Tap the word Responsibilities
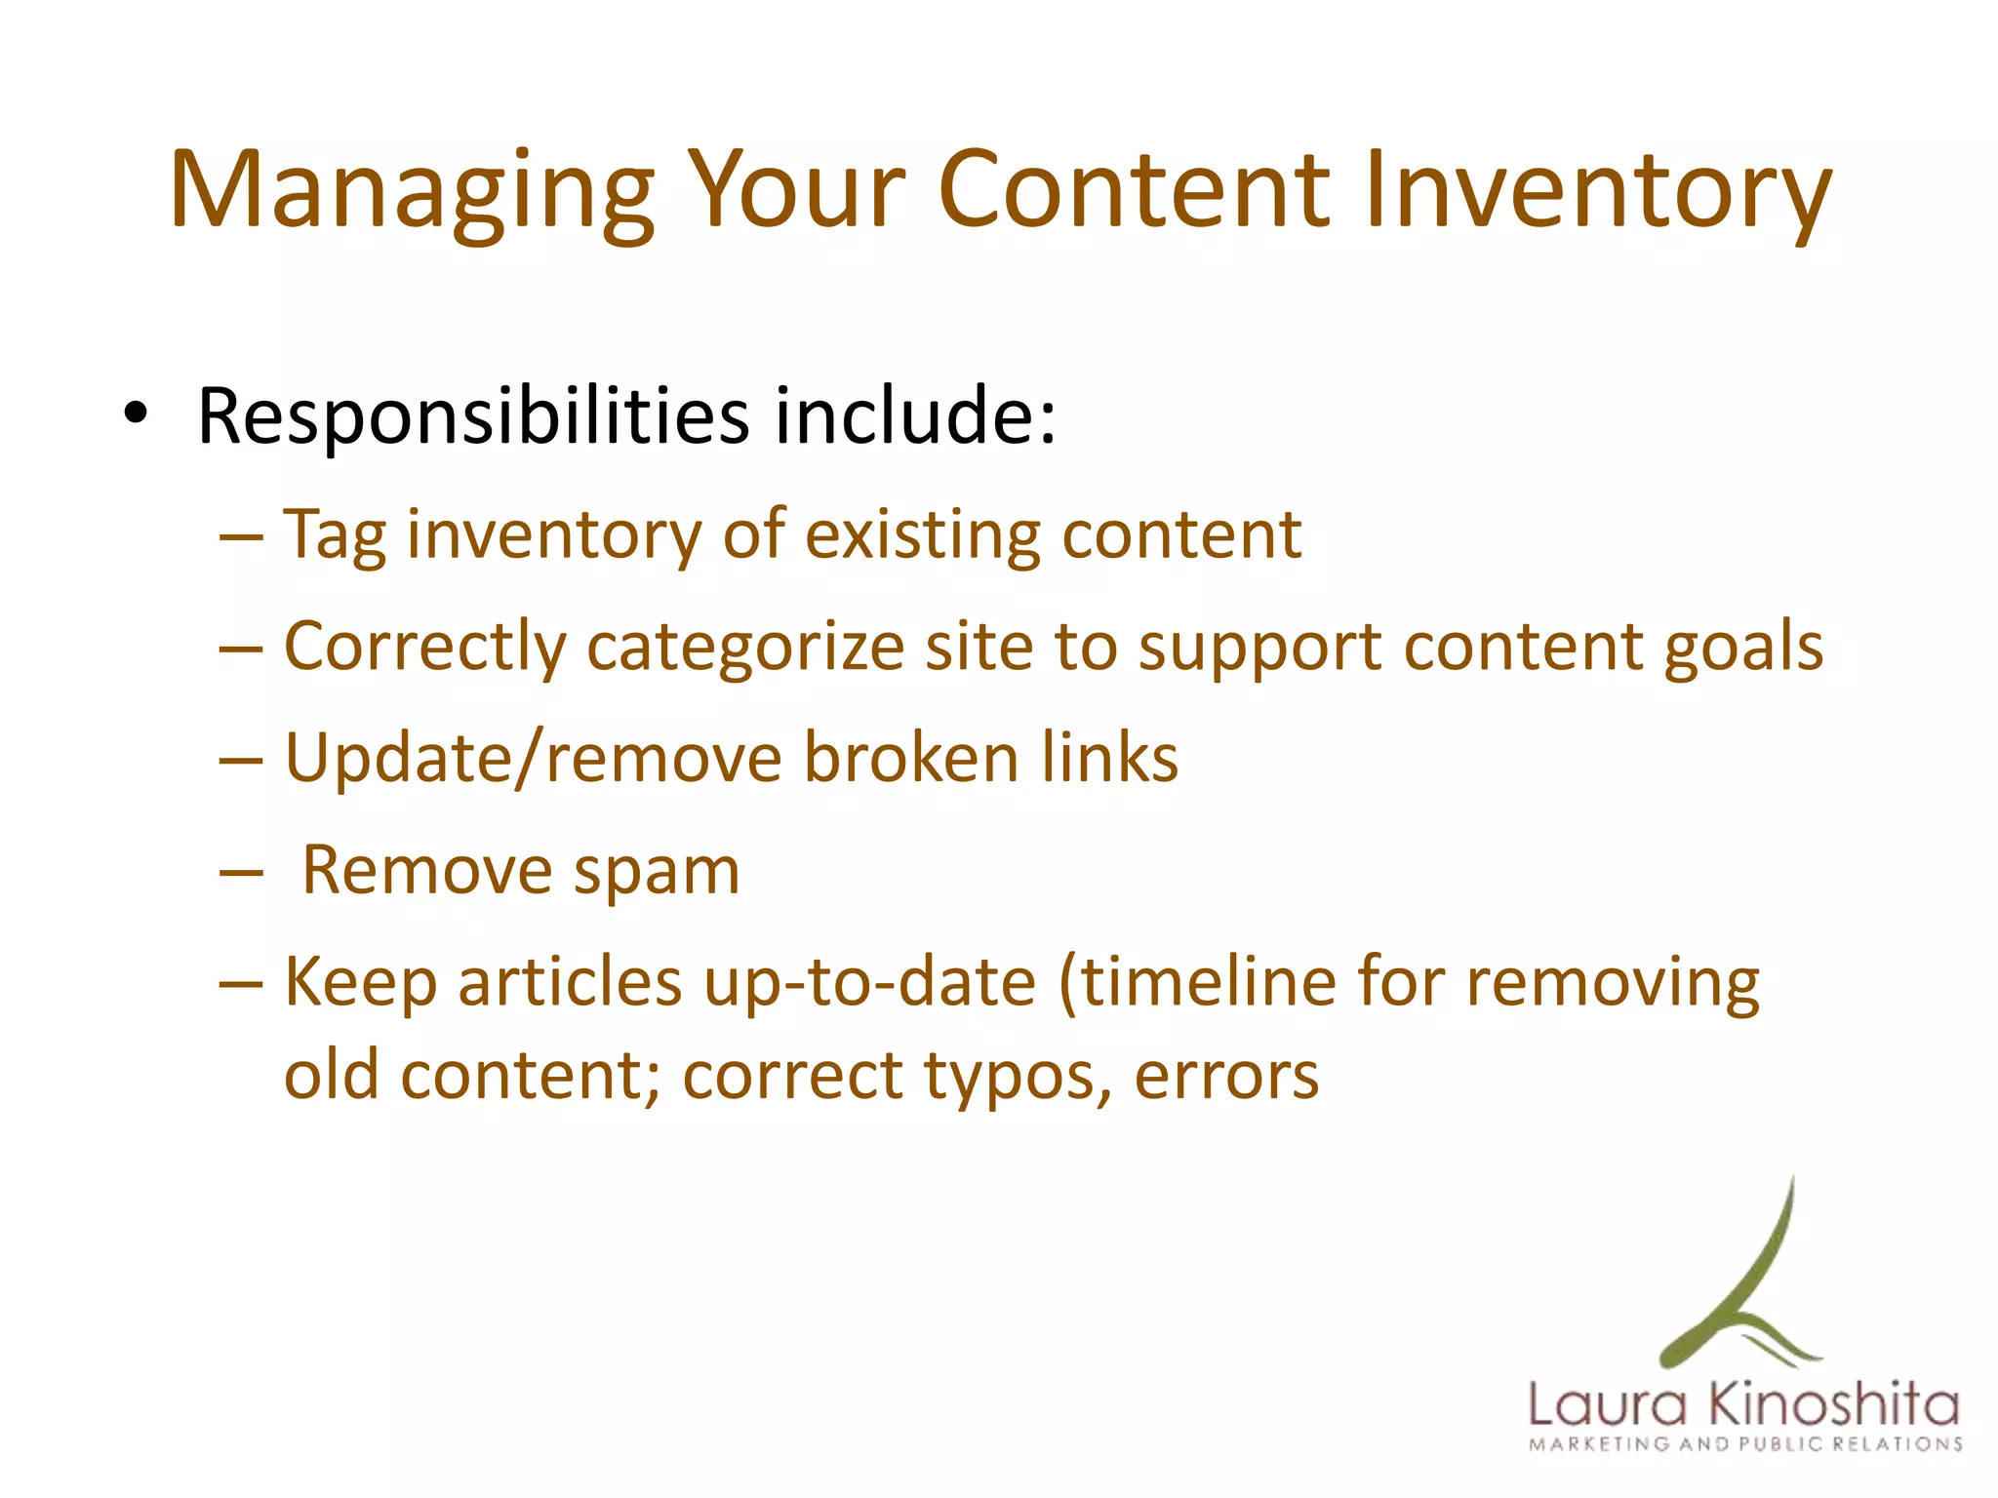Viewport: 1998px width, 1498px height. click(x=473, y=416)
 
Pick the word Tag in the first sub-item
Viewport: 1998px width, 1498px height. click(x=335, y=537)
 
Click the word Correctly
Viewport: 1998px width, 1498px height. click(x=424, y=649)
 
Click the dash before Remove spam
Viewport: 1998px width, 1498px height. click(x=242, y=872)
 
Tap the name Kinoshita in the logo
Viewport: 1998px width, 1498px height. click(x=1834, y=1405)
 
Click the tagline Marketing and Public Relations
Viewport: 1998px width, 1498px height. click(x=1745, y=1444)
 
